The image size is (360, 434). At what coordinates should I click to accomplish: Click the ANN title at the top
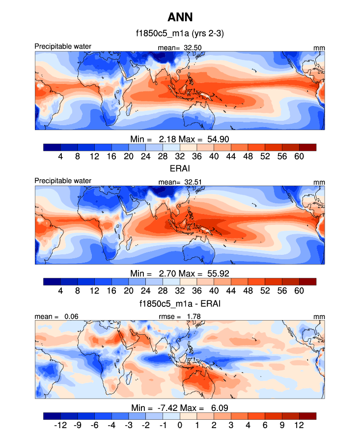click(180, 18)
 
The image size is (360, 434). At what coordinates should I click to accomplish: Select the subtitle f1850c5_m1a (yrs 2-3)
click(180, 34)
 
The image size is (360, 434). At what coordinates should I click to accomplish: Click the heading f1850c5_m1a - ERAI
click(180, 304)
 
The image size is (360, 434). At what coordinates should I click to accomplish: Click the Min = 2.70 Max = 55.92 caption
click(180, 273)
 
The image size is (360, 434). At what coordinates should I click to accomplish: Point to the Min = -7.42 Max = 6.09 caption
click(180, 407)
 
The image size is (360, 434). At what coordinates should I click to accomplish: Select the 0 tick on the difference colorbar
click(180, 425)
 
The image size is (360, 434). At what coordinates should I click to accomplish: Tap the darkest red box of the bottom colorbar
click(307, 416)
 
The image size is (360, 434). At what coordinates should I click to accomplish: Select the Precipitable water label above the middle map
click(63, 181)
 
